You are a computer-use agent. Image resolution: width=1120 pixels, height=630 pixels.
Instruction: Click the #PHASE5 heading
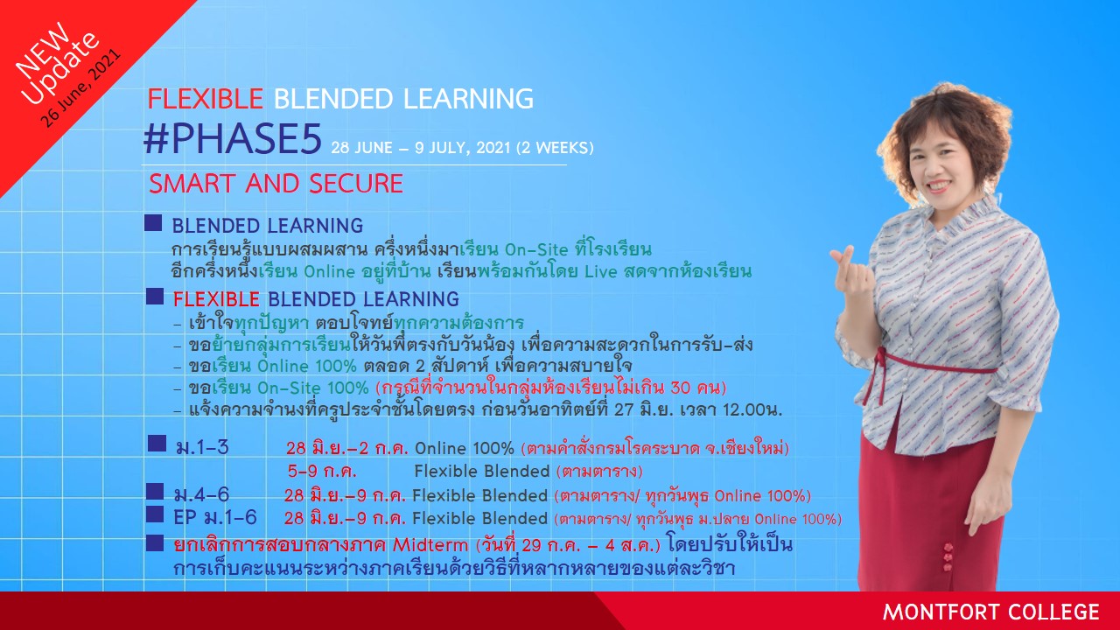[x=233, y=139]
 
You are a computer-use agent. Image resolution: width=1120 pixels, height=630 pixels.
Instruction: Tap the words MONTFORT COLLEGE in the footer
[x=991, y=612]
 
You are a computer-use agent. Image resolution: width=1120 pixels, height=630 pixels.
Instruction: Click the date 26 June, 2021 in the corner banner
[x=80, y=88]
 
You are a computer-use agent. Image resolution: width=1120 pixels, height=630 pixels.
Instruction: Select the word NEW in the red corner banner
[x=43, y=51]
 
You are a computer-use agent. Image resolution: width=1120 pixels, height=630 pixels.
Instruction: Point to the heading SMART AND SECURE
[x=276, y=184]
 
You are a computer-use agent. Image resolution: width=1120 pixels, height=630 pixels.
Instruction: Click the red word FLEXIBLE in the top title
[x=205, y=99]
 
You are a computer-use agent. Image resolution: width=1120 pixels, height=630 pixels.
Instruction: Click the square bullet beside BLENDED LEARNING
[x=153, y=223]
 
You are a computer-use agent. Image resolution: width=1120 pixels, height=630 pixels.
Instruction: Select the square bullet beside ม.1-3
[x=157, y=444]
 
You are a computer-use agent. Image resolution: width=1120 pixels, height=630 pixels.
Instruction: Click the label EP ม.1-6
[x=215, y=517]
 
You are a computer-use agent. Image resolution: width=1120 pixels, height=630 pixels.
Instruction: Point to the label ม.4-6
[x=201, y=495]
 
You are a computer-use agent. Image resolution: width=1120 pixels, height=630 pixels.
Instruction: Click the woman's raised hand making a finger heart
[x=851, y=272]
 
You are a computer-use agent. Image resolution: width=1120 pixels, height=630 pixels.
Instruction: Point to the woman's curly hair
[x=945, y=135]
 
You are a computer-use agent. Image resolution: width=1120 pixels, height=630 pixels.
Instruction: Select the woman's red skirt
[x=931, y=515]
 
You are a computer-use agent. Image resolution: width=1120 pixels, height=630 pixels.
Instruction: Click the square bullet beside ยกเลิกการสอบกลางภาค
[x=155, y=543]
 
